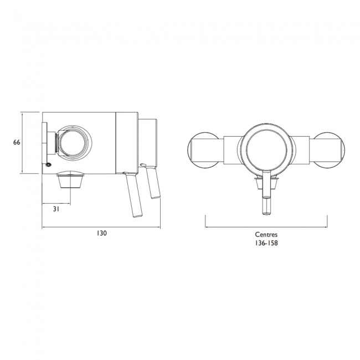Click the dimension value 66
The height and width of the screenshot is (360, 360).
[17, 142]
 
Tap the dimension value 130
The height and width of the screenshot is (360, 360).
[101, 234]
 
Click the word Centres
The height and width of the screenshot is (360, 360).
[266, 234]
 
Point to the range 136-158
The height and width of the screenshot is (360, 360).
[266, 243]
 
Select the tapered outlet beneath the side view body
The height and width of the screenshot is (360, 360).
[70, 180]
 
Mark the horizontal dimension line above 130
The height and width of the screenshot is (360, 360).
[101, 227]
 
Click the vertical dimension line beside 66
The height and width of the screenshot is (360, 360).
[22, 142]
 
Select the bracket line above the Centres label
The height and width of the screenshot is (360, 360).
[266, 226]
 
